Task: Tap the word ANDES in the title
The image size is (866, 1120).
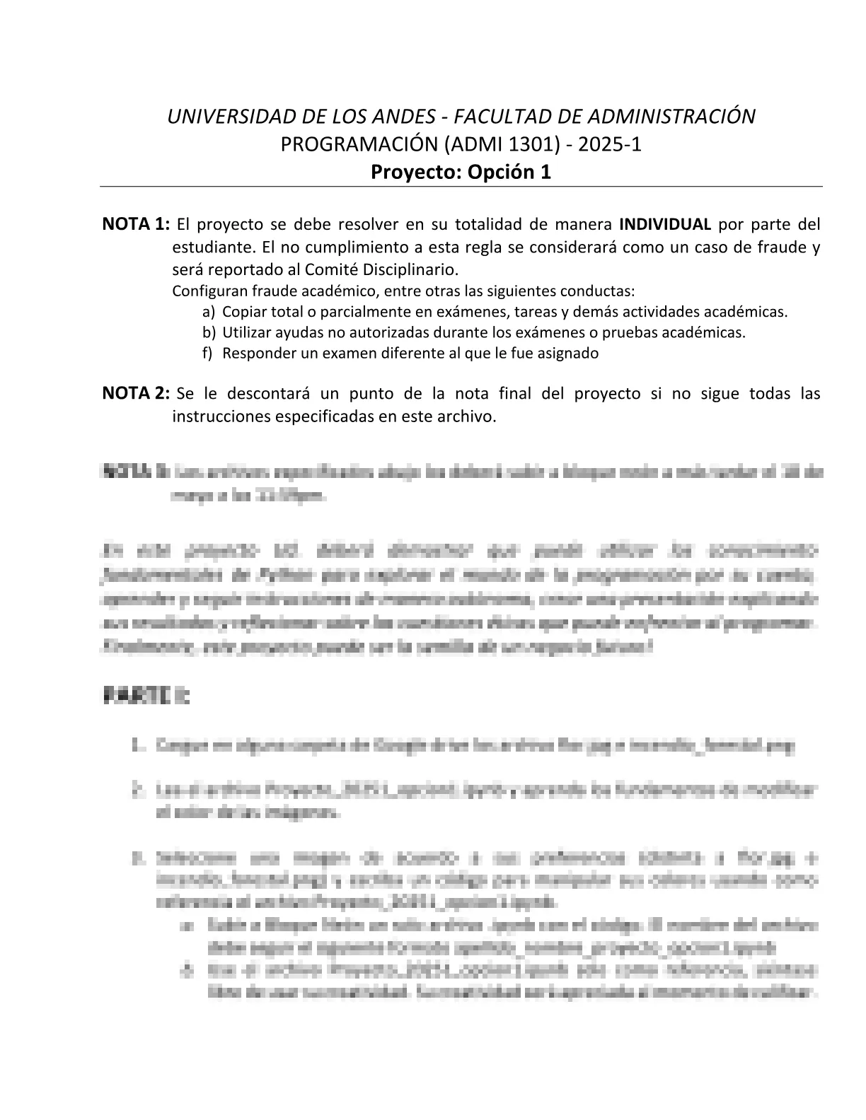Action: [403, 117]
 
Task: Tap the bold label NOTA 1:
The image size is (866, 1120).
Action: [136, 225]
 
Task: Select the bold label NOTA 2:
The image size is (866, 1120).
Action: [136, 393]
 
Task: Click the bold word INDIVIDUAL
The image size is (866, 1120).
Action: [665, 225]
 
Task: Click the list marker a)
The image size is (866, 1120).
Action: [207, 312]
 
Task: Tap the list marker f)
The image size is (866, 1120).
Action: [207, 354]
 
